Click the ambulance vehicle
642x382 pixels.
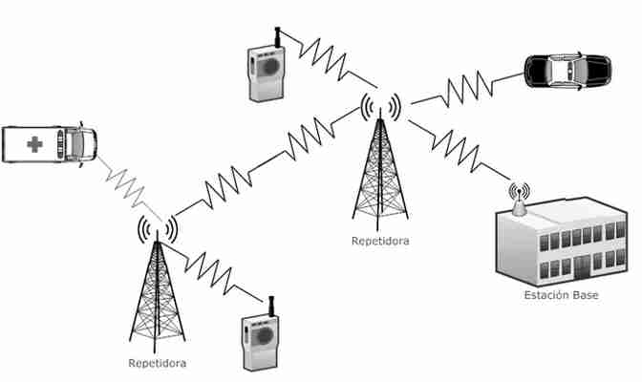coord(49,144)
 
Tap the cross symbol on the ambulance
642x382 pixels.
coord(34,144)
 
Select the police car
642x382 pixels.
coord(567,72)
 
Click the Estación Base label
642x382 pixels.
coord(561,295)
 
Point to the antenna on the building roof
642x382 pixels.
coord(519,201)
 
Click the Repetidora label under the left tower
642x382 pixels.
coord(158,363)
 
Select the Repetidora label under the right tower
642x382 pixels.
coord(380,241)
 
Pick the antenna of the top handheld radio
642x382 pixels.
coord(277,37)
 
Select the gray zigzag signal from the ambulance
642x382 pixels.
coord(129,186)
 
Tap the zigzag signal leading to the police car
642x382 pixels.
coord(467,89)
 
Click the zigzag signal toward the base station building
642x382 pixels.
coord(459,149)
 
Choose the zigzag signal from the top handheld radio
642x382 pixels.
coord(328,58)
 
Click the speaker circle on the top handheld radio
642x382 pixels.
coord(269,66)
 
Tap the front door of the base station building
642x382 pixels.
coord(582,268)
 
